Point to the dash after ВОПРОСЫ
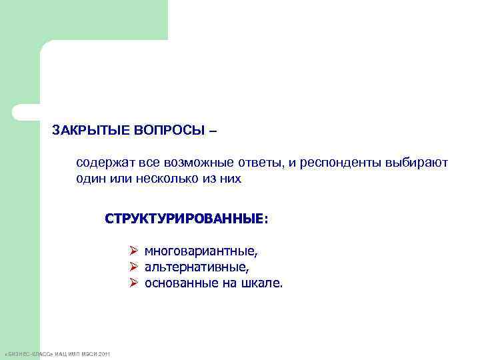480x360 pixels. [x=213, y=130]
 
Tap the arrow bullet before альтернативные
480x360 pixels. [x=133, y=268]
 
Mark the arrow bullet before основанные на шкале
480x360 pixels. [x=133, y=284]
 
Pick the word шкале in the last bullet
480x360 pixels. [x=265, y=284]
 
